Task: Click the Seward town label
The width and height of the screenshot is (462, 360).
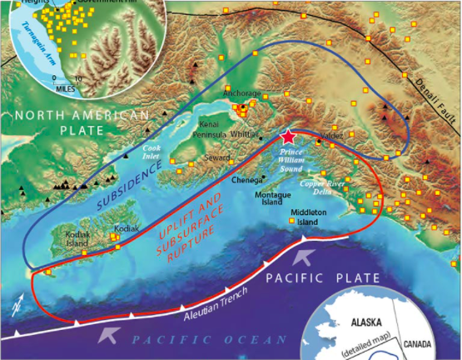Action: (218, 159)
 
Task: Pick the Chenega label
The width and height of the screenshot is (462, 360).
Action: (248, 178)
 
